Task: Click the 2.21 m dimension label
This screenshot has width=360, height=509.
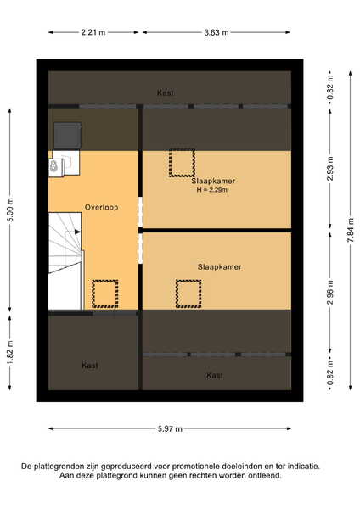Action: [x=93, y=32]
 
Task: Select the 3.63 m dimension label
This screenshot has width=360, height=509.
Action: [x=217, y=32]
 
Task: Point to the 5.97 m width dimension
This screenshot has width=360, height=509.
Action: [x=170, y=428]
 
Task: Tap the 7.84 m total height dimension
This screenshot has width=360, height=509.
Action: [x=351, y=230]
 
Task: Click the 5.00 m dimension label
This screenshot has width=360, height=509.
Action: [x=10, y=210]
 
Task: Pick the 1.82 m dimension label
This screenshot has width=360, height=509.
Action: [x=10, y=352]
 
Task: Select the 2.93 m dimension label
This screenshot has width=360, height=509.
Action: [x=330, y=169]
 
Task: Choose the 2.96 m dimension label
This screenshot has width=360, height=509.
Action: [x=330, y=292]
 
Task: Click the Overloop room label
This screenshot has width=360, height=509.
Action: [x=101, y=207]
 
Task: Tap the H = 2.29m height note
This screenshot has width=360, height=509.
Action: [x=212, y=190]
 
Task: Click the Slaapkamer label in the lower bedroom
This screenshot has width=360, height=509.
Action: [x=220, y=267]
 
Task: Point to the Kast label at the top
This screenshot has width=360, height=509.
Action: [x=166, y=92]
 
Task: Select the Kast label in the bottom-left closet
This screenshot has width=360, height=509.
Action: [x=90, y=366]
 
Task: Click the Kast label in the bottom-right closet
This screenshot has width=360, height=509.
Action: [x=215, y=376]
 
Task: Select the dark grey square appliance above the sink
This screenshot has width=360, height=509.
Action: [x=68, y=136]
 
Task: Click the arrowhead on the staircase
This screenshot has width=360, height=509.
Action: [x=77, y=232]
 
